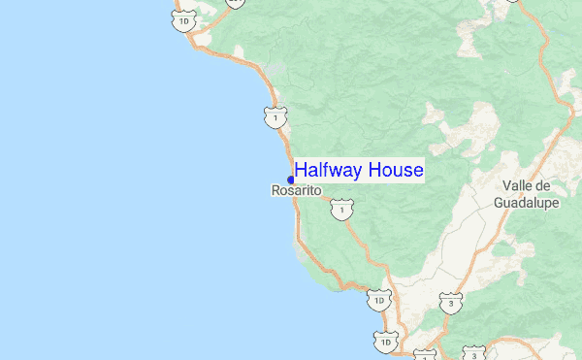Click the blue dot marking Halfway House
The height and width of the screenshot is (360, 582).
click(x=291, y=180)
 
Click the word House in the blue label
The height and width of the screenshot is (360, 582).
click(x=396, y=171)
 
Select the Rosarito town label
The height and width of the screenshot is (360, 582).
click(x=296, y=192)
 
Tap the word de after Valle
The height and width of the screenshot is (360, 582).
click(x=543, y=186)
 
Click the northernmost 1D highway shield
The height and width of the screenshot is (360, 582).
click(x=185, y=19)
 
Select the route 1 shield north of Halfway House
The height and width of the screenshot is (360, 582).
click(x=276, y=117)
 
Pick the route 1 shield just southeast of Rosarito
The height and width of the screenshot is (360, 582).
click(x=339, y=209)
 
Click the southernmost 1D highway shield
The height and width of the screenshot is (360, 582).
click(x=385, y=342)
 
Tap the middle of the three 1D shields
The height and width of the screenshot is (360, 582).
click(x=377, y=302)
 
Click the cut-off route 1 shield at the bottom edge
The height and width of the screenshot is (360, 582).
click(x=424, y=355)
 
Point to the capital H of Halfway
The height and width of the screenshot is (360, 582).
click(x=301, y=171)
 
